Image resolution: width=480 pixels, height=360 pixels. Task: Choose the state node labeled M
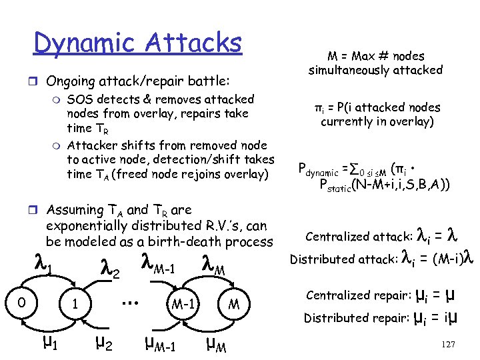pos(235,303)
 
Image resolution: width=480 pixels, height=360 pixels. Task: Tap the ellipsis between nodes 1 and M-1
pos(131,301)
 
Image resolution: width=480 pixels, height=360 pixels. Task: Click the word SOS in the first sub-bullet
pos(80,99)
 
